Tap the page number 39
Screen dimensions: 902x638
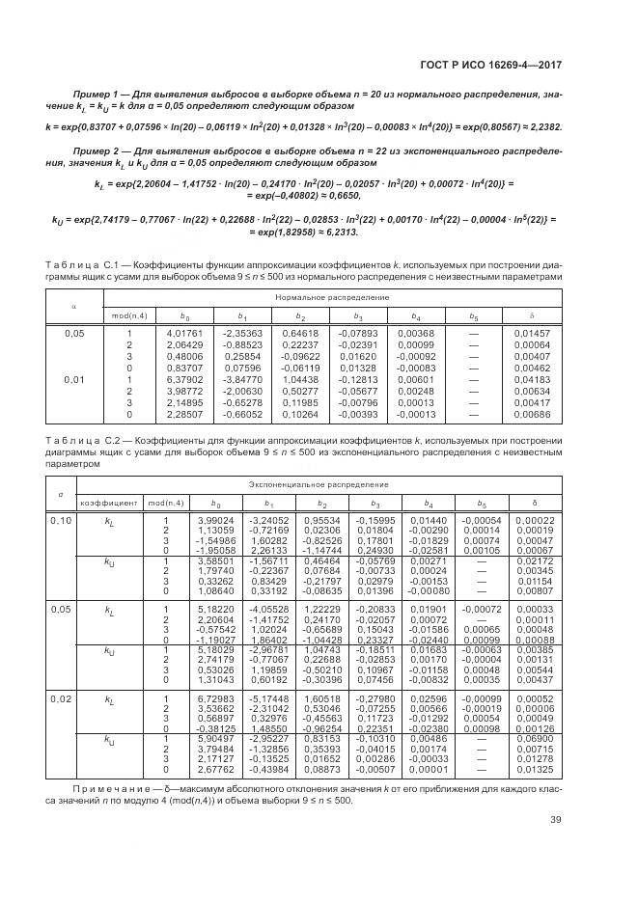tap(556, 820)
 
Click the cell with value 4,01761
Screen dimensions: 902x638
tap(186, 333)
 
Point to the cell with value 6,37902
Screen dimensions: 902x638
tap(186, 378)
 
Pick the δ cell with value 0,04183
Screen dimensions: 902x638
tap(532, 378)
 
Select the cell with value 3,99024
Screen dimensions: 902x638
tap(201, 520)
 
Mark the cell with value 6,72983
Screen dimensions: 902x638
tap(201, 698)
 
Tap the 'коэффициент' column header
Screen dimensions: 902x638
tap(106, 502)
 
